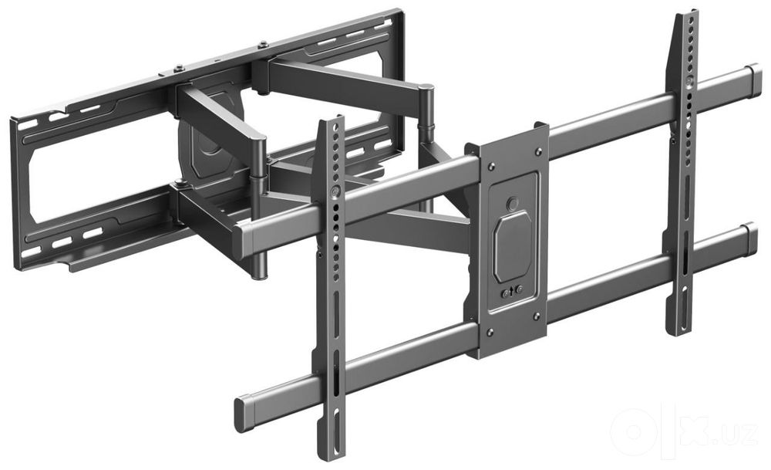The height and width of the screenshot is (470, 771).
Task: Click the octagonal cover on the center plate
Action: click(x=513, y=246)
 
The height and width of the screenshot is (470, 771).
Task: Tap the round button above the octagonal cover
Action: click(x=513, y=203)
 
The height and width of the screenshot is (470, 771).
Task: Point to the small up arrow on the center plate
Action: click(x=512, y=292)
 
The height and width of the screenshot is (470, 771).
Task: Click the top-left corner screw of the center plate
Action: click(x=490, y=167)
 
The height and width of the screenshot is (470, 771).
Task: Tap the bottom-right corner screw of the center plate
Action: click(x=537, y=316)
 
